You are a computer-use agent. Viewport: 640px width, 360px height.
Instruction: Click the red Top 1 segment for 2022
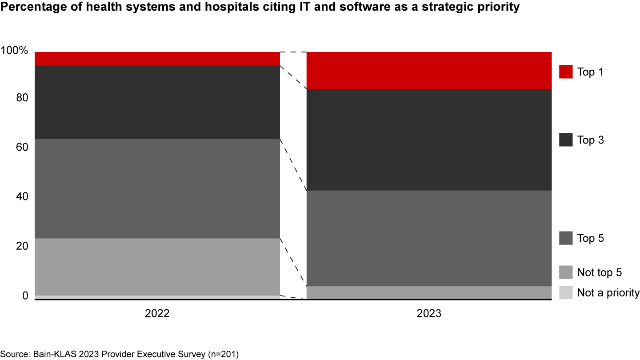pyautogui.click(x=157, y=59)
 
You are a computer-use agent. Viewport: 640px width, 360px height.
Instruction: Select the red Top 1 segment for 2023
pyautogui.click(x=429, y=70)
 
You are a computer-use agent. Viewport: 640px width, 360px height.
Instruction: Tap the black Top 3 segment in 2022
pyautogui.click(x=157, y=102)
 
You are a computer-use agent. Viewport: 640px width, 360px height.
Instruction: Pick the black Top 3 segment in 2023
pyautogui.click(x=429, y=140)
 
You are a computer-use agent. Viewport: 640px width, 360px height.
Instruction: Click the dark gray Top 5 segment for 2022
pyautogui.click(x=157, y=188)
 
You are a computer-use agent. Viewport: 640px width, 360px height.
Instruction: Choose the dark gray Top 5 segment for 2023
pyautogui.click(x=429, y=238)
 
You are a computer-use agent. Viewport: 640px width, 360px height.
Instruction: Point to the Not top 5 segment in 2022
pyautogui.click(x=157, y=267)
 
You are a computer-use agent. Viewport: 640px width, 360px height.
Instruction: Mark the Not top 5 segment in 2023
pyautogui.click(x=429, y=292)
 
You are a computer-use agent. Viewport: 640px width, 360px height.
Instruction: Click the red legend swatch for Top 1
pyautogui.click(x=566, y=72)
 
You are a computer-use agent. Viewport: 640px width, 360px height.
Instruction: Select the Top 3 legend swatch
pyautogui.click(x=566, y=140)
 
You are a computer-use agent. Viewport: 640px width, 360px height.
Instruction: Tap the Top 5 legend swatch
pyautogui.click(x=566, y=238)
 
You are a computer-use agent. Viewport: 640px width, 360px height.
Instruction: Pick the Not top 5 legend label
pyautogui.click(x=599, y=272)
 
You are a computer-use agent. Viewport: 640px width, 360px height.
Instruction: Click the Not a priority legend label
pyautogui.click(x=608, y=293)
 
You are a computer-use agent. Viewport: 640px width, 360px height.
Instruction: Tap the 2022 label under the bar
pyautogui.click(x=157, y=314)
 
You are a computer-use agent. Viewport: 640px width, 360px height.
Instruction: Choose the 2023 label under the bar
pyautogui.click(x=429, y=314)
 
